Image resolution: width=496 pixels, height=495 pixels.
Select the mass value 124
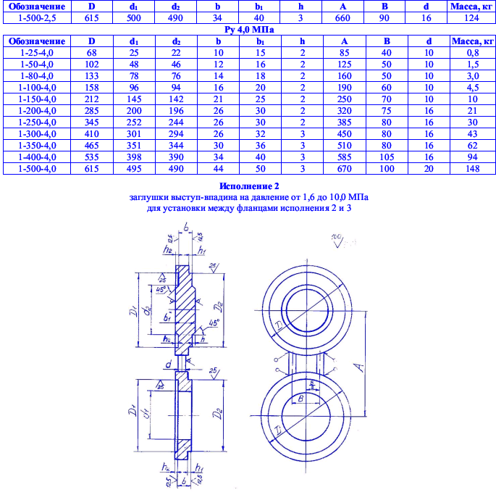coord(472,17)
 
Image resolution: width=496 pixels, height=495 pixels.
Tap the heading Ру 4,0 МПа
coord(247,29)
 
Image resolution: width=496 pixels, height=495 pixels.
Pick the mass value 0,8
coord(472,53)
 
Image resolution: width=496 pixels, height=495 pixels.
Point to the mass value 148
coord(472,169)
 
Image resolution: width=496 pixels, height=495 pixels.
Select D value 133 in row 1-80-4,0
coord(91,76)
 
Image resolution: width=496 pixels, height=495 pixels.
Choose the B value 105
coord(388,157)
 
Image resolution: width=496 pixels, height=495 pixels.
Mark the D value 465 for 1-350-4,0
coord(91,146)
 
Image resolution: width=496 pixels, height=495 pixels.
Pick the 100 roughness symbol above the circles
coord(337,240)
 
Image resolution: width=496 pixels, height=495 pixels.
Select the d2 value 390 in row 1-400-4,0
coord(177,157)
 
